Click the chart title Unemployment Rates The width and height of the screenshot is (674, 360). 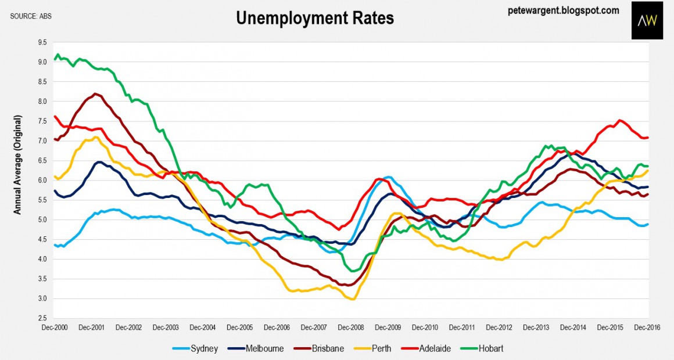pos(314,18)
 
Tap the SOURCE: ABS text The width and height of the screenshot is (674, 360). pos(31,16)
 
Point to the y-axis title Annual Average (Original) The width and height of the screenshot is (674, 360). pos(17,165)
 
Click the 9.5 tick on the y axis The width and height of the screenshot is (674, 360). pos(42,42)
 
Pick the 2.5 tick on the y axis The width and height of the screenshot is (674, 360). pos(42,318)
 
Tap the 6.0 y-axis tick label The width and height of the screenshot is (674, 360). pos(42,180)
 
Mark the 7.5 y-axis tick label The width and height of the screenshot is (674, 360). pos(42,121)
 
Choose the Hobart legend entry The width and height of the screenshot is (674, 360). pos(483,349)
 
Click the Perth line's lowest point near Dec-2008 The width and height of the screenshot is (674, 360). pos(352,299)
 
